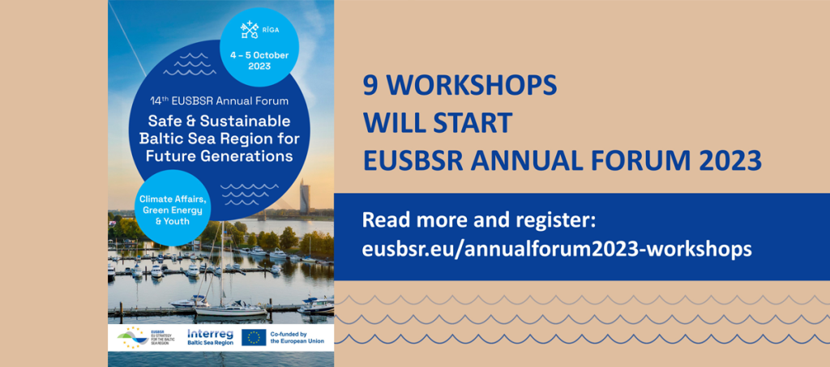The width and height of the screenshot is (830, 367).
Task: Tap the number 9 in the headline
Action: (370, 85)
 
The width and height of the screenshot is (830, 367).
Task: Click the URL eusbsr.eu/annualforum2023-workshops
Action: (557, 249)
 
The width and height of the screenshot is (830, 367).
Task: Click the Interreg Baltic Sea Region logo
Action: (210, 337)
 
